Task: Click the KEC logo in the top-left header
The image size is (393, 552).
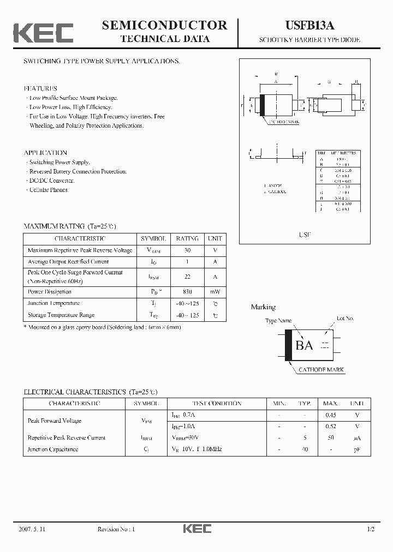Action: pyautogui.click(x=43, y=33)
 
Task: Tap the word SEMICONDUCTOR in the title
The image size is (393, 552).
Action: pyautogui.click(x=164, y=25)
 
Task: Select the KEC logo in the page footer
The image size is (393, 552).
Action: pyautogui.click(x=196, y=529)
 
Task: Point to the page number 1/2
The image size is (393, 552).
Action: pyautogui.click(x=371, y=529)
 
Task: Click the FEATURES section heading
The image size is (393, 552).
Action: pyautogui.click(x=40, y=88)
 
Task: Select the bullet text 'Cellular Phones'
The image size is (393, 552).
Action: pyautogui.click(x=49, y=190)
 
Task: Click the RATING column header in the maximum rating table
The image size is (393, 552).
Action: pyautogui.click(x=187, y=238)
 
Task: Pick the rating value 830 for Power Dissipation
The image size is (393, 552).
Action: pyautogui.click(x=187, y=292)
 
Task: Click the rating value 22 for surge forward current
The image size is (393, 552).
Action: pyautogui.click(x=187, y=277)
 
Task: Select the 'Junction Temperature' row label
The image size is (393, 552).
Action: pyautogui.click(x=53, y=303)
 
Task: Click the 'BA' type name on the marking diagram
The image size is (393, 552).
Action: pyautogui.click(x=304, y=345)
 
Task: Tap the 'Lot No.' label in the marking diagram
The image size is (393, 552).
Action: pyautogui.click(x=345, y=318)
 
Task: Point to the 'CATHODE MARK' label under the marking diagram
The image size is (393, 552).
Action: pyautogui.click(x=321, y=370)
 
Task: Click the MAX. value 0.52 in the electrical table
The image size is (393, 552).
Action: pyautogui.click(x=330, y=426)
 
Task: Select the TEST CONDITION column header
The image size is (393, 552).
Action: pyautogui.click(x=216, y=404)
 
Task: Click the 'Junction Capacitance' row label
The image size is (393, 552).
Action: pyautogui.click(x=53, y=449)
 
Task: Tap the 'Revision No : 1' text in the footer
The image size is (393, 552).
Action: pyautogui.click(x=116, y=529)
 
